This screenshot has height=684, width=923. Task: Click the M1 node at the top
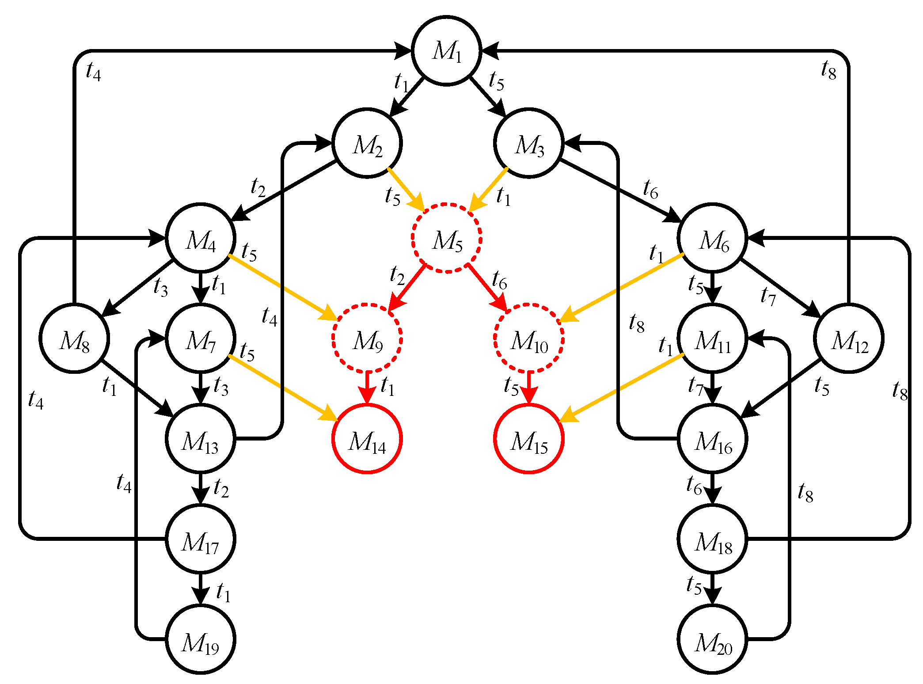click(x=446, y=51)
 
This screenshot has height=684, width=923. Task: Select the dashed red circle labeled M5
click(x=446, y=239)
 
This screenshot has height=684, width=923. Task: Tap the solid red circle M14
click(x=367, y=439)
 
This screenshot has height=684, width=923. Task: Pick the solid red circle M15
click(x=528, y=439)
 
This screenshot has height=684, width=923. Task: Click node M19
click(x=201, y=639)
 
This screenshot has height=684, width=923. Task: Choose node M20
click(x=712, y=639)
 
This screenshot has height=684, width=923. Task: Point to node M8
click(x=74, y=338)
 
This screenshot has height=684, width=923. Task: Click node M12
click(x=848, y=338)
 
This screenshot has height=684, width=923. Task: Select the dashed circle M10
click(x=528, y=338)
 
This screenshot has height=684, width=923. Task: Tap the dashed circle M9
click(x=367, y=338)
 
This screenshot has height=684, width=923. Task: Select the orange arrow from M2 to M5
click(x=406, y=189)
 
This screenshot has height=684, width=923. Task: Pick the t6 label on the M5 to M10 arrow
click(x=500, y=280)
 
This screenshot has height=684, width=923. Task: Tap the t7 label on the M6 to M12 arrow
click(x=768, y=296)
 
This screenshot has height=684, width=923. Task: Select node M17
click(x=201, y=539)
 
